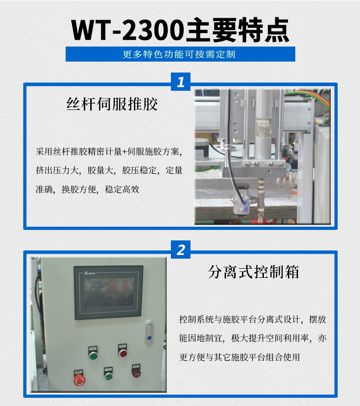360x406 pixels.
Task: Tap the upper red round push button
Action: point(123,353)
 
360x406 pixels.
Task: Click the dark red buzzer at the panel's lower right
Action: point(136,373)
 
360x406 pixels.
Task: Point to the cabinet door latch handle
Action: point(148,333)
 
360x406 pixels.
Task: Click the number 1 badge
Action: point(180,82)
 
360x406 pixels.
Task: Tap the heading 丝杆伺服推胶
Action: point(112,104)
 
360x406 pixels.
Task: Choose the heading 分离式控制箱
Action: point(253,272)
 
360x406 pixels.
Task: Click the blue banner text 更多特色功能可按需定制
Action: point(180,54)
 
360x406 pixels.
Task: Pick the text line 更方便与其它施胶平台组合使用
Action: point(240,357)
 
